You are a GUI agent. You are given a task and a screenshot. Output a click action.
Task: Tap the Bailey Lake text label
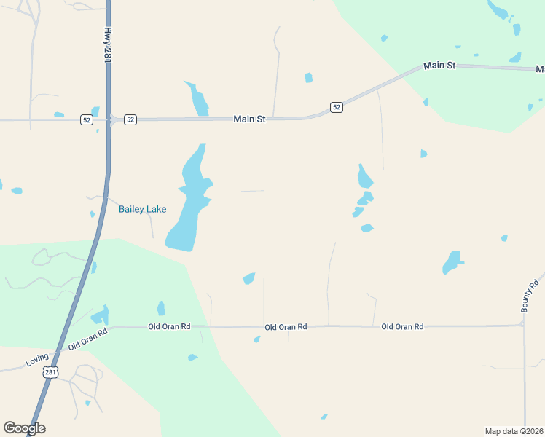point(142,210)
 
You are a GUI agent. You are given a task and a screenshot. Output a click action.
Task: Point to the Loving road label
point(36,358)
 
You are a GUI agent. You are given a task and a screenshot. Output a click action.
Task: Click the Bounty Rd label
point(530,295)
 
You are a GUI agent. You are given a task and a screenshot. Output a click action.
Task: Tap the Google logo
point(24,428)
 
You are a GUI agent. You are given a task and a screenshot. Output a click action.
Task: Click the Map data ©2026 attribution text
point(514,430)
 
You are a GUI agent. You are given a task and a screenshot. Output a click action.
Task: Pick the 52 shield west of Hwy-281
point(87,120)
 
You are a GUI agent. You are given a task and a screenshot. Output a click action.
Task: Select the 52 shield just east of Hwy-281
point(130,119)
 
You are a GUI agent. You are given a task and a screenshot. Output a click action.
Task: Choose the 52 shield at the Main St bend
point(336,107)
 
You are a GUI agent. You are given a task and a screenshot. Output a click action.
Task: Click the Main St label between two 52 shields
point(249,119)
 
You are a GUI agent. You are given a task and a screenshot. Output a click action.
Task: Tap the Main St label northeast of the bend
point(439,66)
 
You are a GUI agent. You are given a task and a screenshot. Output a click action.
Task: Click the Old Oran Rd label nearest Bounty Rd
point(402,327)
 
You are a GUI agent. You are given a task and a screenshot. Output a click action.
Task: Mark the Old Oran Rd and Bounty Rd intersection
point(524,326)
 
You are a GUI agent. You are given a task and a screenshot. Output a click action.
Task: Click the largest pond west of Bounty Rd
point(452,261)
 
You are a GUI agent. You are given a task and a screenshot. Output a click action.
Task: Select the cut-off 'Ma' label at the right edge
point(540,69)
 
